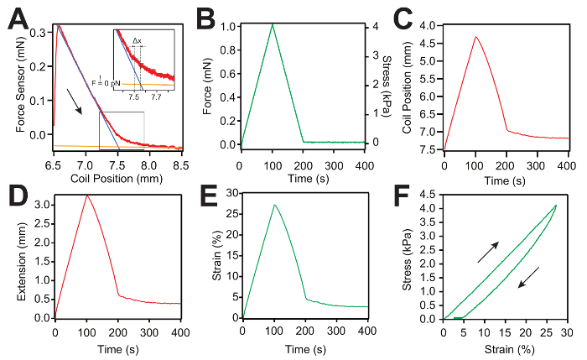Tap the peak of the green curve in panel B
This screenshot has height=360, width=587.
[273, 24]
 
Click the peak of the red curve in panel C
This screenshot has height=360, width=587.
[475, 37]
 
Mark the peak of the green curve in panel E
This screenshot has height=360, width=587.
[274, 205]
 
